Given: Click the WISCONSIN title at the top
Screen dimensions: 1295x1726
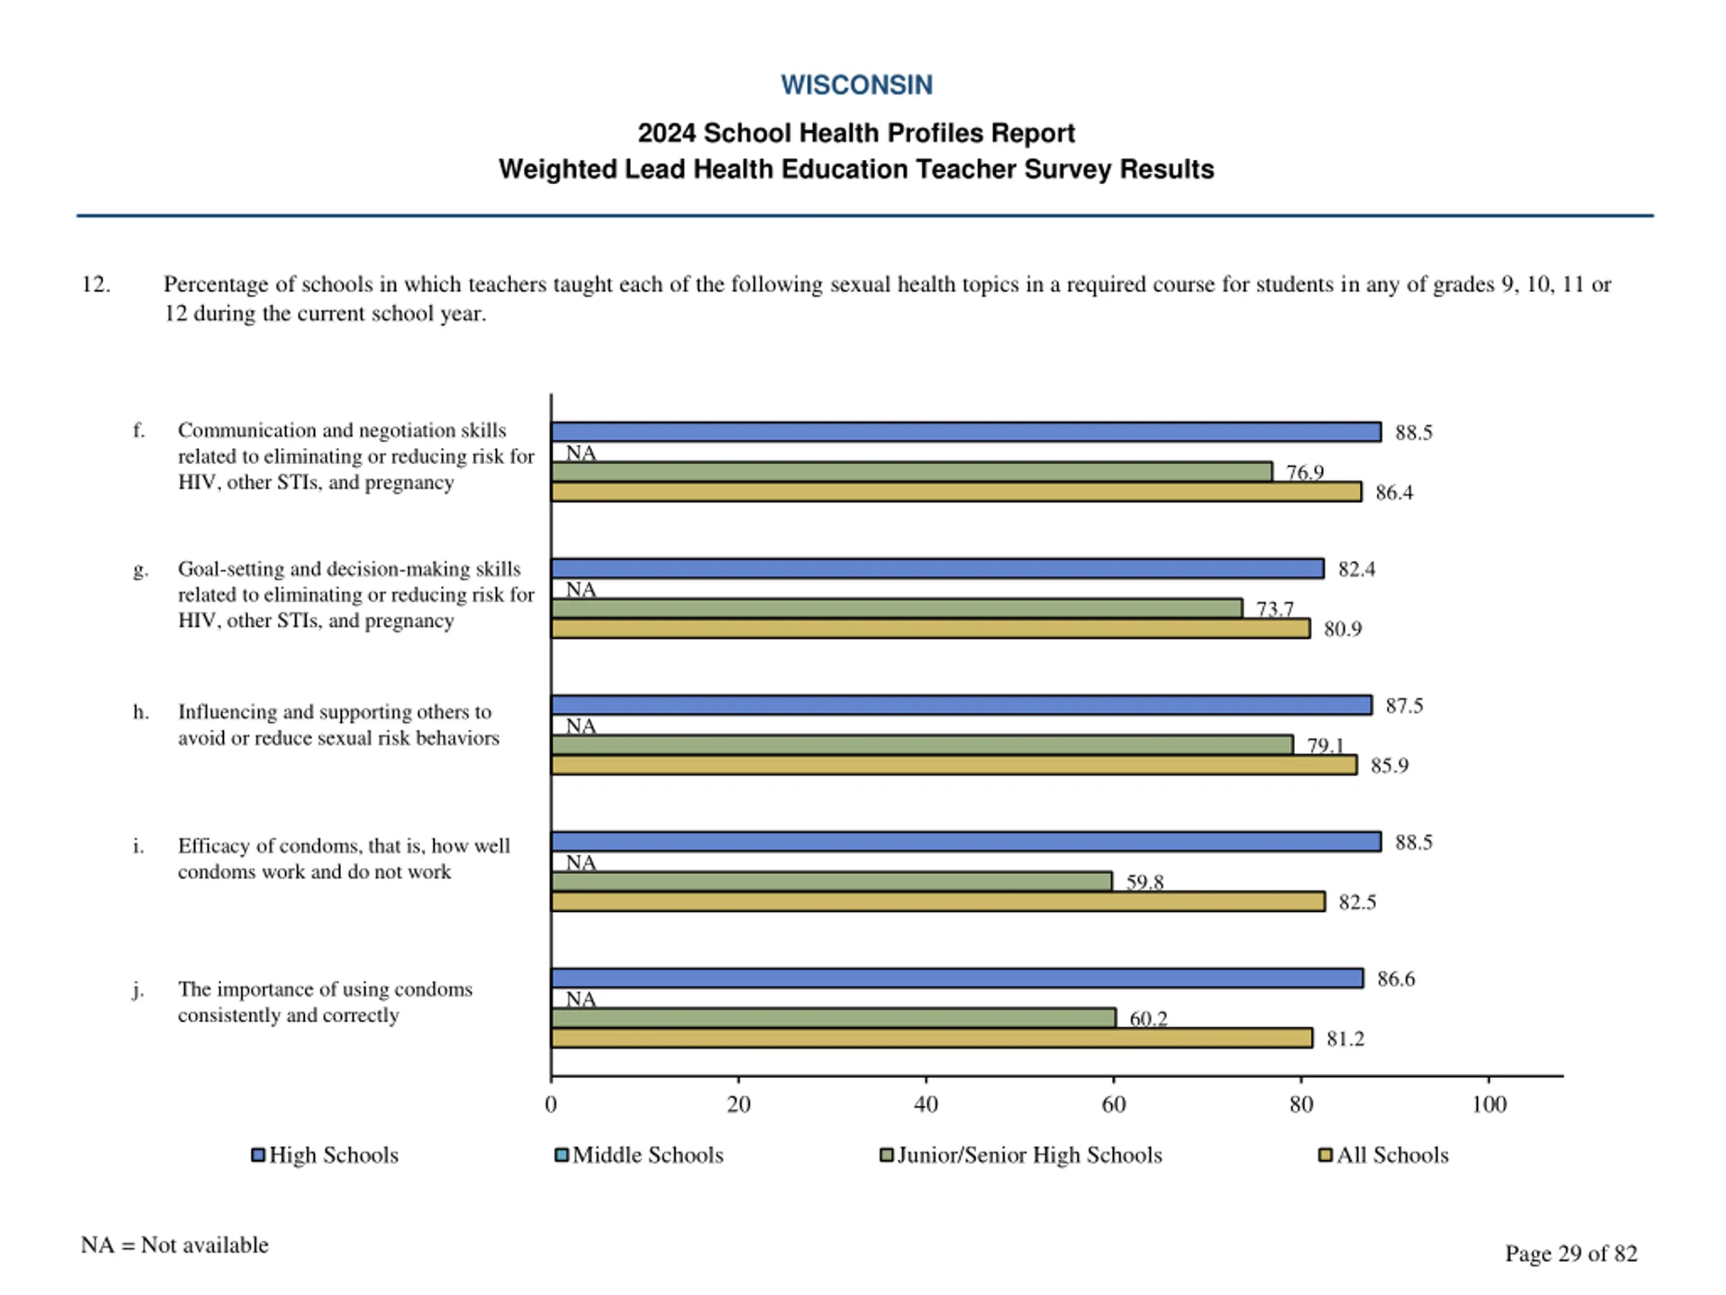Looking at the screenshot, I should coord(856,85).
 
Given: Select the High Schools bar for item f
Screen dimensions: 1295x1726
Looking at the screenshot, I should coord(965,432).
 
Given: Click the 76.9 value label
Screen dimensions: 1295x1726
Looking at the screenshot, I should coord(1305,472).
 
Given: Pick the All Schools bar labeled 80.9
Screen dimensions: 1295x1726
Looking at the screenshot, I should coord(930,629).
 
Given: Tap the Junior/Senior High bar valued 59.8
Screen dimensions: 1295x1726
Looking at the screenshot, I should coord(831,882).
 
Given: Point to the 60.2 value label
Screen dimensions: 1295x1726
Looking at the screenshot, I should coord(1148,1018).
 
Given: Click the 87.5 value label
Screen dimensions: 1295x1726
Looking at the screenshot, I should coord(1404,706).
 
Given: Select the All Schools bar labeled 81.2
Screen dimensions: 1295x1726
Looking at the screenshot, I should coord(931,1038).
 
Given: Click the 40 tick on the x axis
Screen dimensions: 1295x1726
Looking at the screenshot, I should coord(926,1103).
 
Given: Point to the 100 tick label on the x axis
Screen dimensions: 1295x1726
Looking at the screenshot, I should coord(1488,1103).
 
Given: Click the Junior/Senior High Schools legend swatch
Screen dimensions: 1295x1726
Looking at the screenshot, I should coord(886,1155).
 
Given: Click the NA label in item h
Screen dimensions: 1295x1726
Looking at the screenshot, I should coord(581,726).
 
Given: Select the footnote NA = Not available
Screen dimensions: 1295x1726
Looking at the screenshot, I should coord(174,1244).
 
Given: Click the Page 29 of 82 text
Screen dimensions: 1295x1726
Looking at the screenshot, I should coord(1570,1253).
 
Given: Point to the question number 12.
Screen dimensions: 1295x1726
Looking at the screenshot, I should coord(95,284).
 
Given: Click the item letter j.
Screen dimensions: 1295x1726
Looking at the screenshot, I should coord(138,989).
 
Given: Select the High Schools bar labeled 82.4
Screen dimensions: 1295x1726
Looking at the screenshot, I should coord(937,569).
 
